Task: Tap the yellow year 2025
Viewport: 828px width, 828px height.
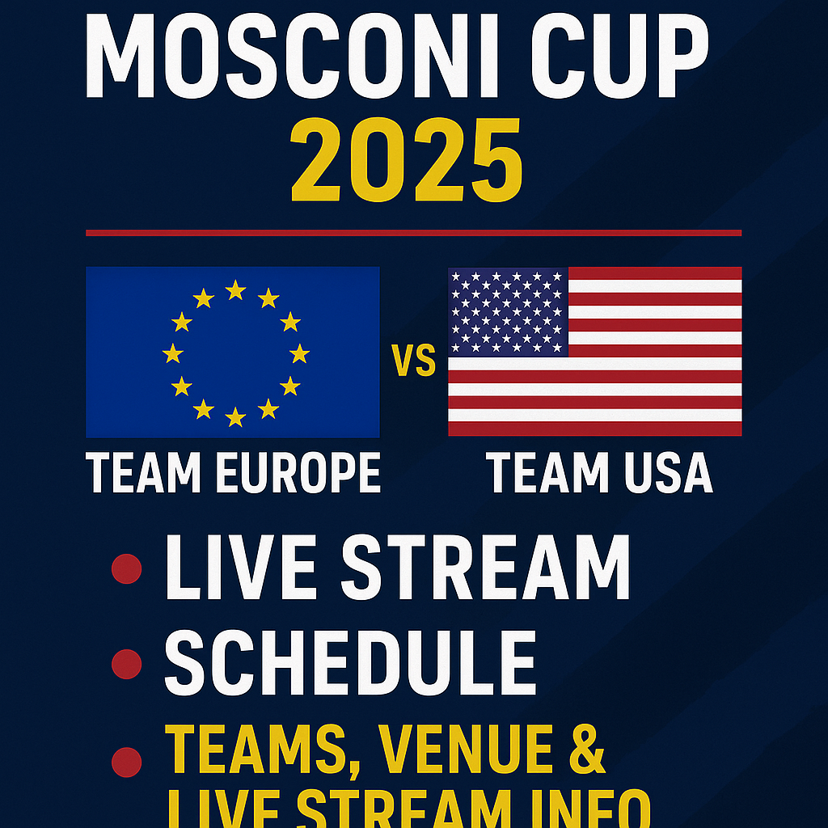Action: coord(407,162)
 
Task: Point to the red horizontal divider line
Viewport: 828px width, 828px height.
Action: coord(413,233)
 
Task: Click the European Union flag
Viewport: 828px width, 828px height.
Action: coord(232,352)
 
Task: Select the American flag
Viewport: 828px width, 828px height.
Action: coord(595,352)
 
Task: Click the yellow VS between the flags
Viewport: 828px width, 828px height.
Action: coord(413,361)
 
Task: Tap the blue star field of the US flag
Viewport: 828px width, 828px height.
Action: coord(509,311)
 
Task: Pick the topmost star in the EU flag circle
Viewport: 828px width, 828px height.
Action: coord(235,289)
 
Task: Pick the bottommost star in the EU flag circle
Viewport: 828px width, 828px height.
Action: coord(235,416)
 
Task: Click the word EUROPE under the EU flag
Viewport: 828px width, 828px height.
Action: coord(298,473)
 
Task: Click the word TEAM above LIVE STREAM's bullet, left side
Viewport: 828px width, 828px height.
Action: coord(144,473)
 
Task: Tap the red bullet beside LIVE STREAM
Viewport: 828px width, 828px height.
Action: coord(126,568)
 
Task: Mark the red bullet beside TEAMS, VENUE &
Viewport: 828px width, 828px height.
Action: coord(126,761)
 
